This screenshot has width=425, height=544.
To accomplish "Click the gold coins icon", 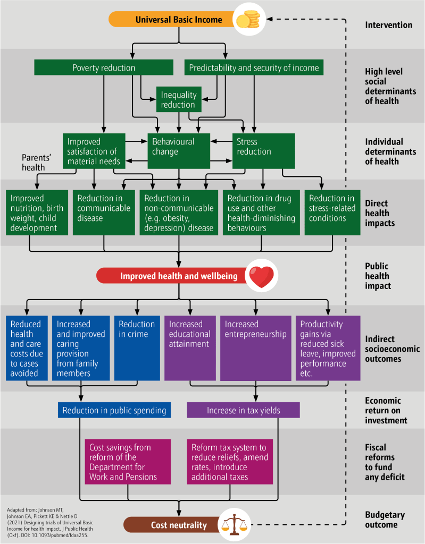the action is pos(248,20).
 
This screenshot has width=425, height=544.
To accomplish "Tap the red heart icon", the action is pos(261,276).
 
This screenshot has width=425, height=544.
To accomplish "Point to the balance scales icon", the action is pos(236,524).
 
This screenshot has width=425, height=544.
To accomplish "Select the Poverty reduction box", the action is pos(104,67).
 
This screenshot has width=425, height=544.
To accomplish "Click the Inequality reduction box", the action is pos(179,99).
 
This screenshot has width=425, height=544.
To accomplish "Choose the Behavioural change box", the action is pos(179,151).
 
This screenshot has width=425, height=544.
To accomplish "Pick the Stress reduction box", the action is pos(263,151).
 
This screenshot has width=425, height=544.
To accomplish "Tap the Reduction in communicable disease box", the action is pos(104,212).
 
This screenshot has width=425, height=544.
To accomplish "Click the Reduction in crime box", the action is pos(137,348).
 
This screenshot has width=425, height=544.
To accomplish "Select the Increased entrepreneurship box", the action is pos(256,348).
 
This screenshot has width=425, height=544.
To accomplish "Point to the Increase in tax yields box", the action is pos(243,410).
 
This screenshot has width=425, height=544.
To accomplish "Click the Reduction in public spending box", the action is pos(114,410).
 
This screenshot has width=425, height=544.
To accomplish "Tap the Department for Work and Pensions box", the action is pos(128,462).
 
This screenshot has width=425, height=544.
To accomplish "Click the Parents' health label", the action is pos(36,163).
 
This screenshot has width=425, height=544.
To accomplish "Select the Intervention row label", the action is pos(388,25).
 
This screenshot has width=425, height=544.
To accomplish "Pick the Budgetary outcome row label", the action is pos(385,520).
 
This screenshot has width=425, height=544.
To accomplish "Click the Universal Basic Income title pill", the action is pos(174,20).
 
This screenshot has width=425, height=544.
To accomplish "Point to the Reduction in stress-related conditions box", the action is pos(332,212).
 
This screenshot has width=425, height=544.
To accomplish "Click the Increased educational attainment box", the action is pos(190,348).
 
